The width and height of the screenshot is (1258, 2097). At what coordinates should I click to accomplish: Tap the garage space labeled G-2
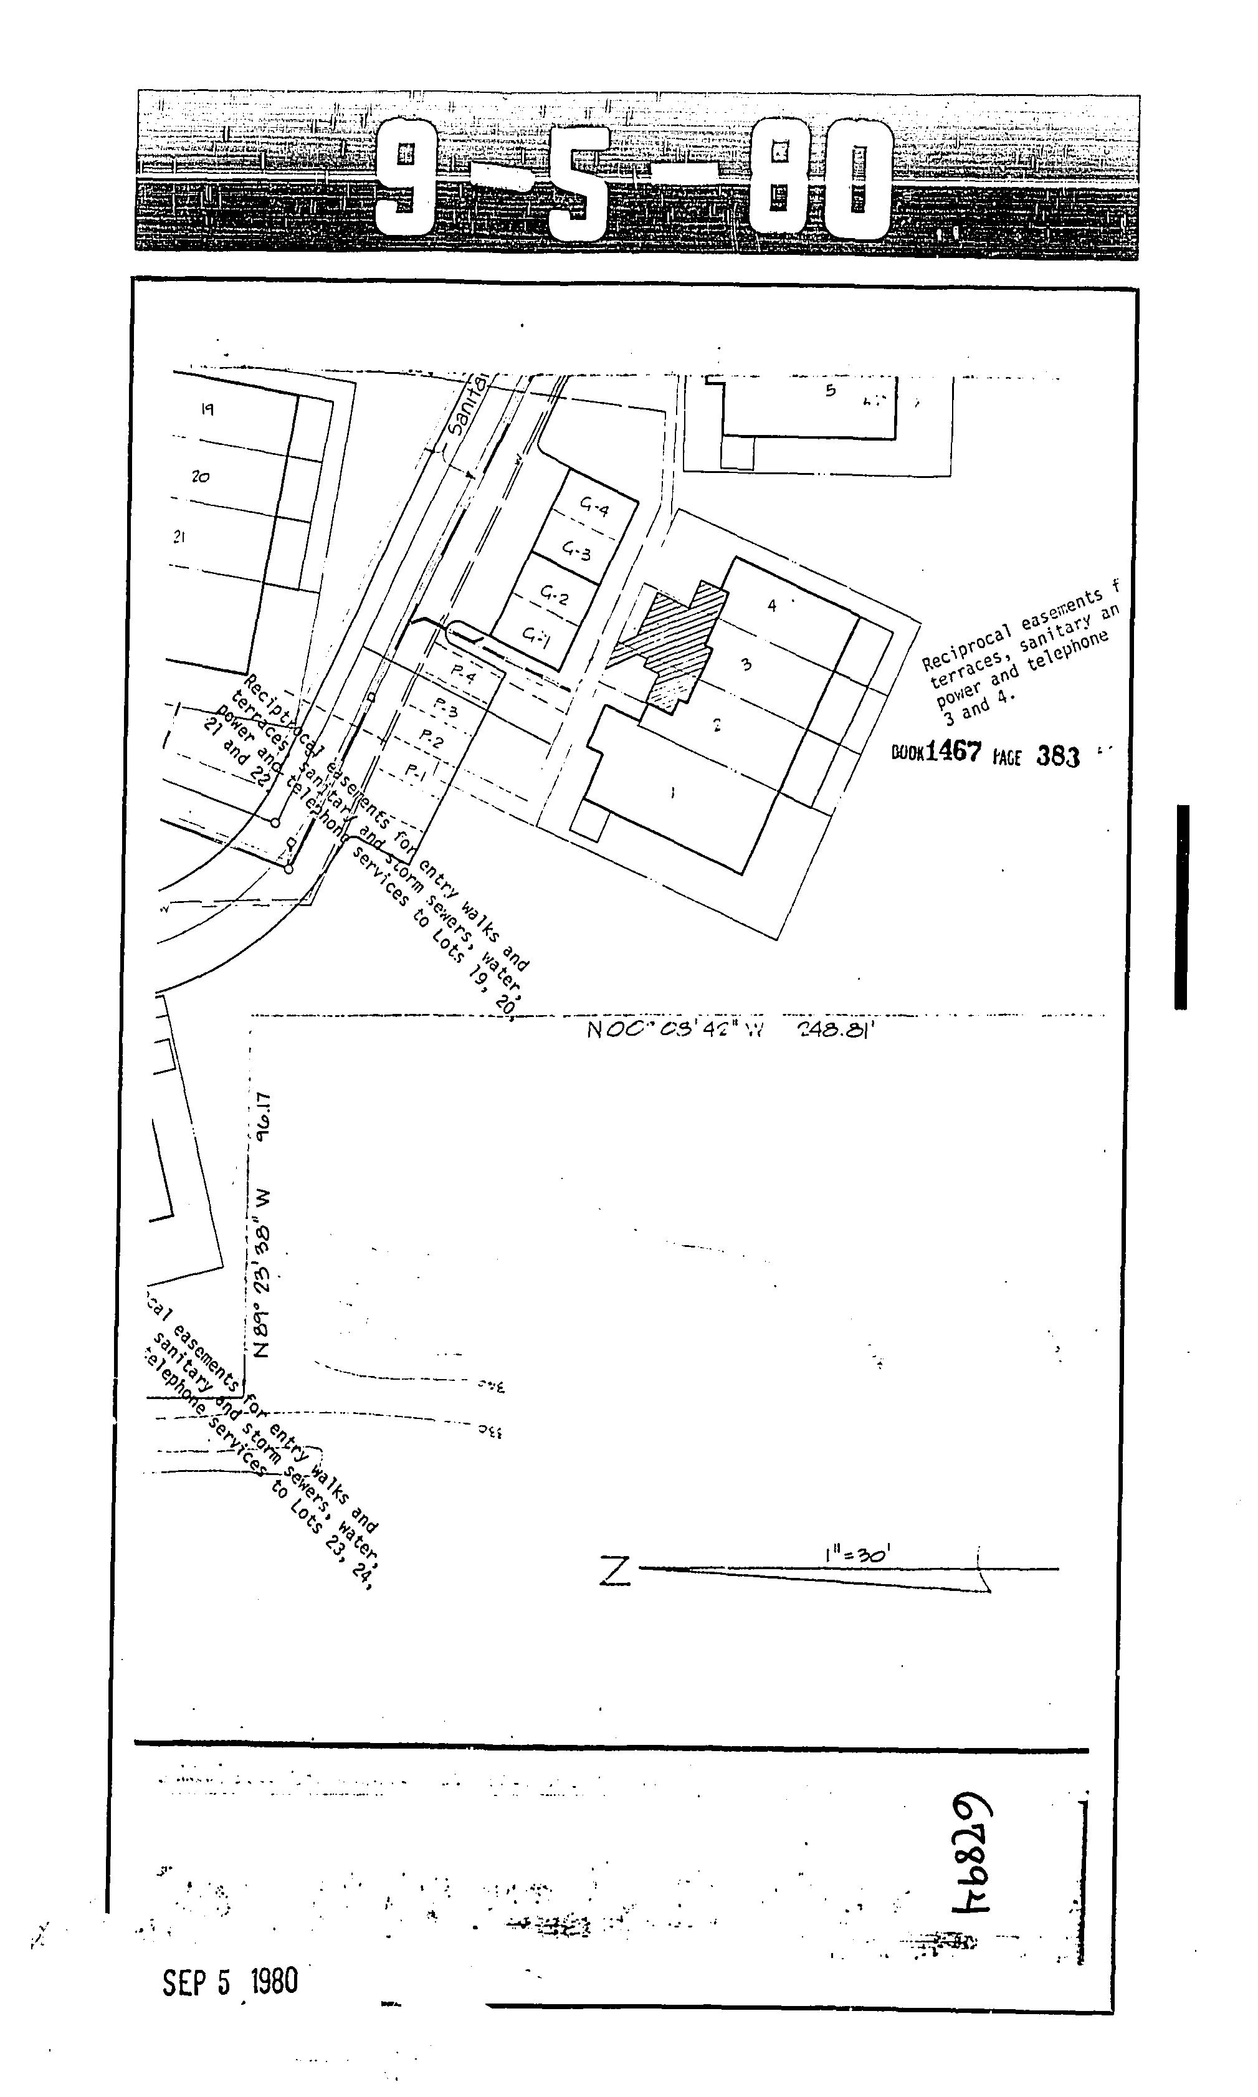coord(555,598)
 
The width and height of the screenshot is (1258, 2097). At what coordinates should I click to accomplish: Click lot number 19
coord(207,410)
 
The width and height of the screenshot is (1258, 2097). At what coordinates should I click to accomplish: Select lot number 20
coord(200,477)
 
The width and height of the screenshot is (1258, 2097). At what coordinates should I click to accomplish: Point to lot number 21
coord(179,537)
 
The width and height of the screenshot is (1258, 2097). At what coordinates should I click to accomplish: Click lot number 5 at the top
coord(830,391)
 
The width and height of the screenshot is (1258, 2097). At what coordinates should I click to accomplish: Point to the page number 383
coord(1057,756)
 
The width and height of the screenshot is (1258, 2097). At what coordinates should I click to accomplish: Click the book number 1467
coord(953,752)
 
